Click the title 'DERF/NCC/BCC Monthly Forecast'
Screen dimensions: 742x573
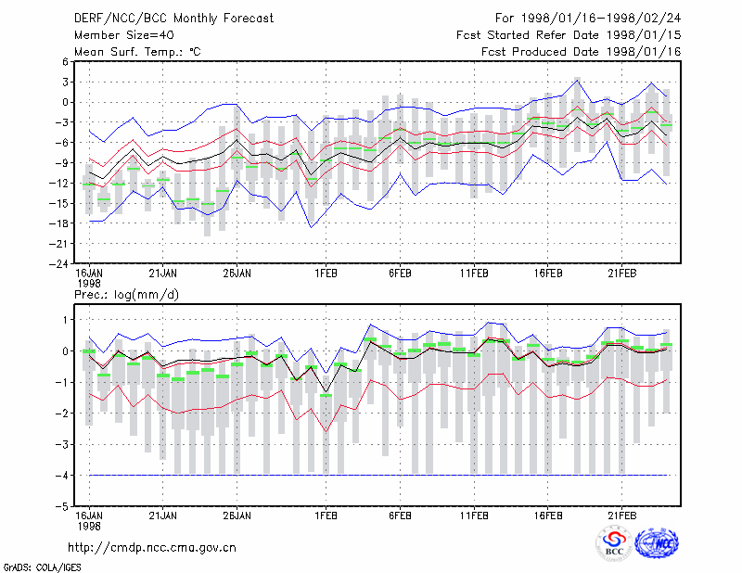coord(173,19)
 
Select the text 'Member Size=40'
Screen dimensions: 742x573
coord(124,35)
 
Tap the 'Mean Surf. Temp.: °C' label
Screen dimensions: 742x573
coord(137,52)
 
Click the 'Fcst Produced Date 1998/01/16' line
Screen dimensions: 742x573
coord(582,52)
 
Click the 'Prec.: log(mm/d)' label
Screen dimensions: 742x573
coord(126,295)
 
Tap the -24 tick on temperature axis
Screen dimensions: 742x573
coord(59,264)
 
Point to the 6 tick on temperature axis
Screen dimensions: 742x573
coord(65,62)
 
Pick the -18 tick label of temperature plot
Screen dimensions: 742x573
coord(59,223)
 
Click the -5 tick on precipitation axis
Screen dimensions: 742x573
coord(61,506)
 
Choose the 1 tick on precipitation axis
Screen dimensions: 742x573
coord(65,320)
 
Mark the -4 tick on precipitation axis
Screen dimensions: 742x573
coord(61,475)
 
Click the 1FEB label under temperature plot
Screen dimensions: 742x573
coord(326,274)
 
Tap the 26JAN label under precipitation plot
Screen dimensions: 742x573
coord(237,516)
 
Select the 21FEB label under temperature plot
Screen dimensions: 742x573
coord(622,274)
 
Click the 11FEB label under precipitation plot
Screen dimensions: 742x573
coord(474,516)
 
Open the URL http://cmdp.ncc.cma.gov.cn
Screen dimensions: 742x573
coord(152,548)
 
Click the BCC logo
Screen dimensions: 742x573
coord(614,543)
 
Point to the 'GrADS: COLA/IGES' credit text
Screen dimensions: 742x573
coord(42,567)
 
